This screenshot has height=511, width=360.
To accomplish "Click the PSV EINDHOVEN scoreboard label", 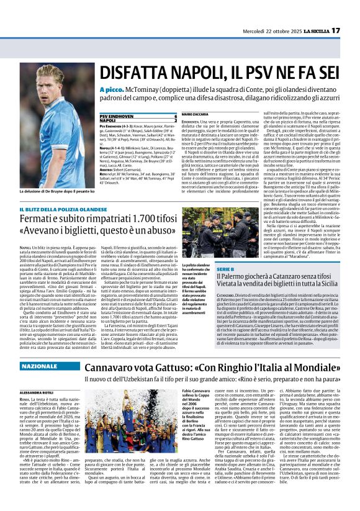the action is pos(119,116).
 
